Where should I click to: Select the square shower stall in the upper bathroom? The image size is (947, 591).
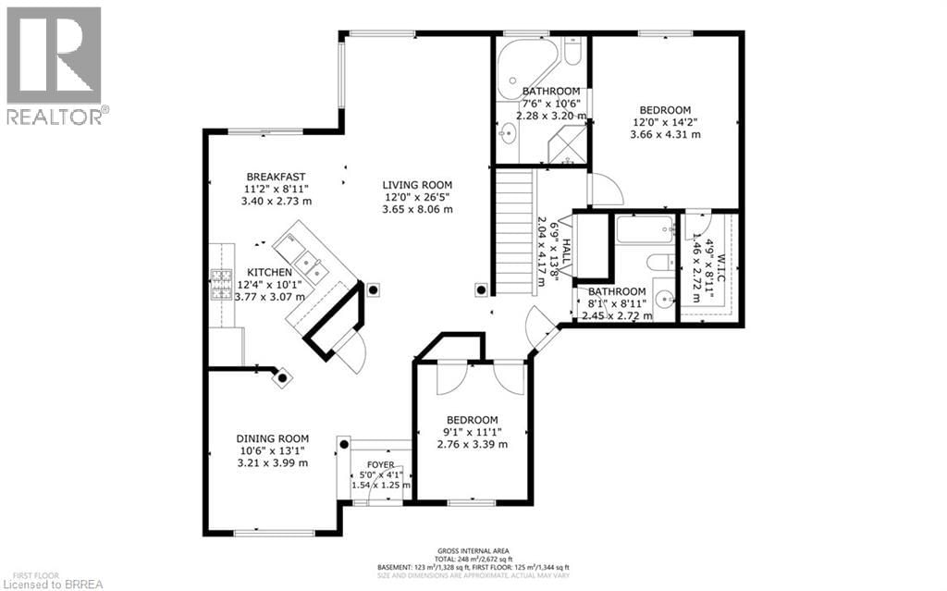click(x=566, y=145)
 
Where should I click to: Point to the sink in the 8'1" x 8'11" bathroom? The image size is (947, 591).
click(x=664, y=300)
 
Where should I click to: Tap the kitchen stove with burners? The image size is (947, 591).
click(x=222, y=285)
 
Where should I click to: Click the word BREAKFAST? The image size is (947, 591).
click(x=276, y=177)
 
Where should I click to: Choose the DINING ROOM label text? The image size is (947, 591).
click(x=272, y=438)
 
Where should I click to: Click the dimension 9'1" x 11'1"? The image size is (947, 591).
click(x=472, y=432)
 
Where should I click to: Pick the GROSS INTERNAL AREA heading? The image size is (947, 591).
click(x=472, y=549)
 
